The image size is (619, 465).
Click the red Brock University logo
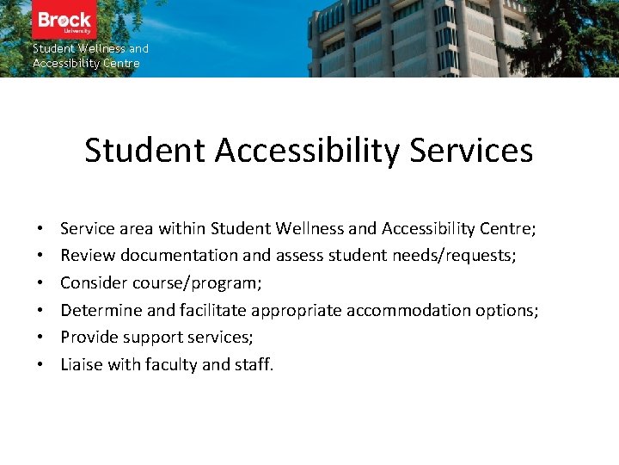click(x=64, y=21)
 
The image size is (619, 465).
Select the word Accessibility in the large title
click(x=308, y=151)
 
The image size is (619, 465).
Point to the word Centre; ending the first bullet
click(x=507, y=229)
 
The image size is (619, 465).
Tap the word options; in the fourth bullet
click(x=500, y=310)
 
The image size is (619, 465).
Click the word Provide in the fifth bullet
click(x=89, y=338)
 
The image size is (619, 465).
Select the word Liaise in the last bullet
click(x=82, y=365)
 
